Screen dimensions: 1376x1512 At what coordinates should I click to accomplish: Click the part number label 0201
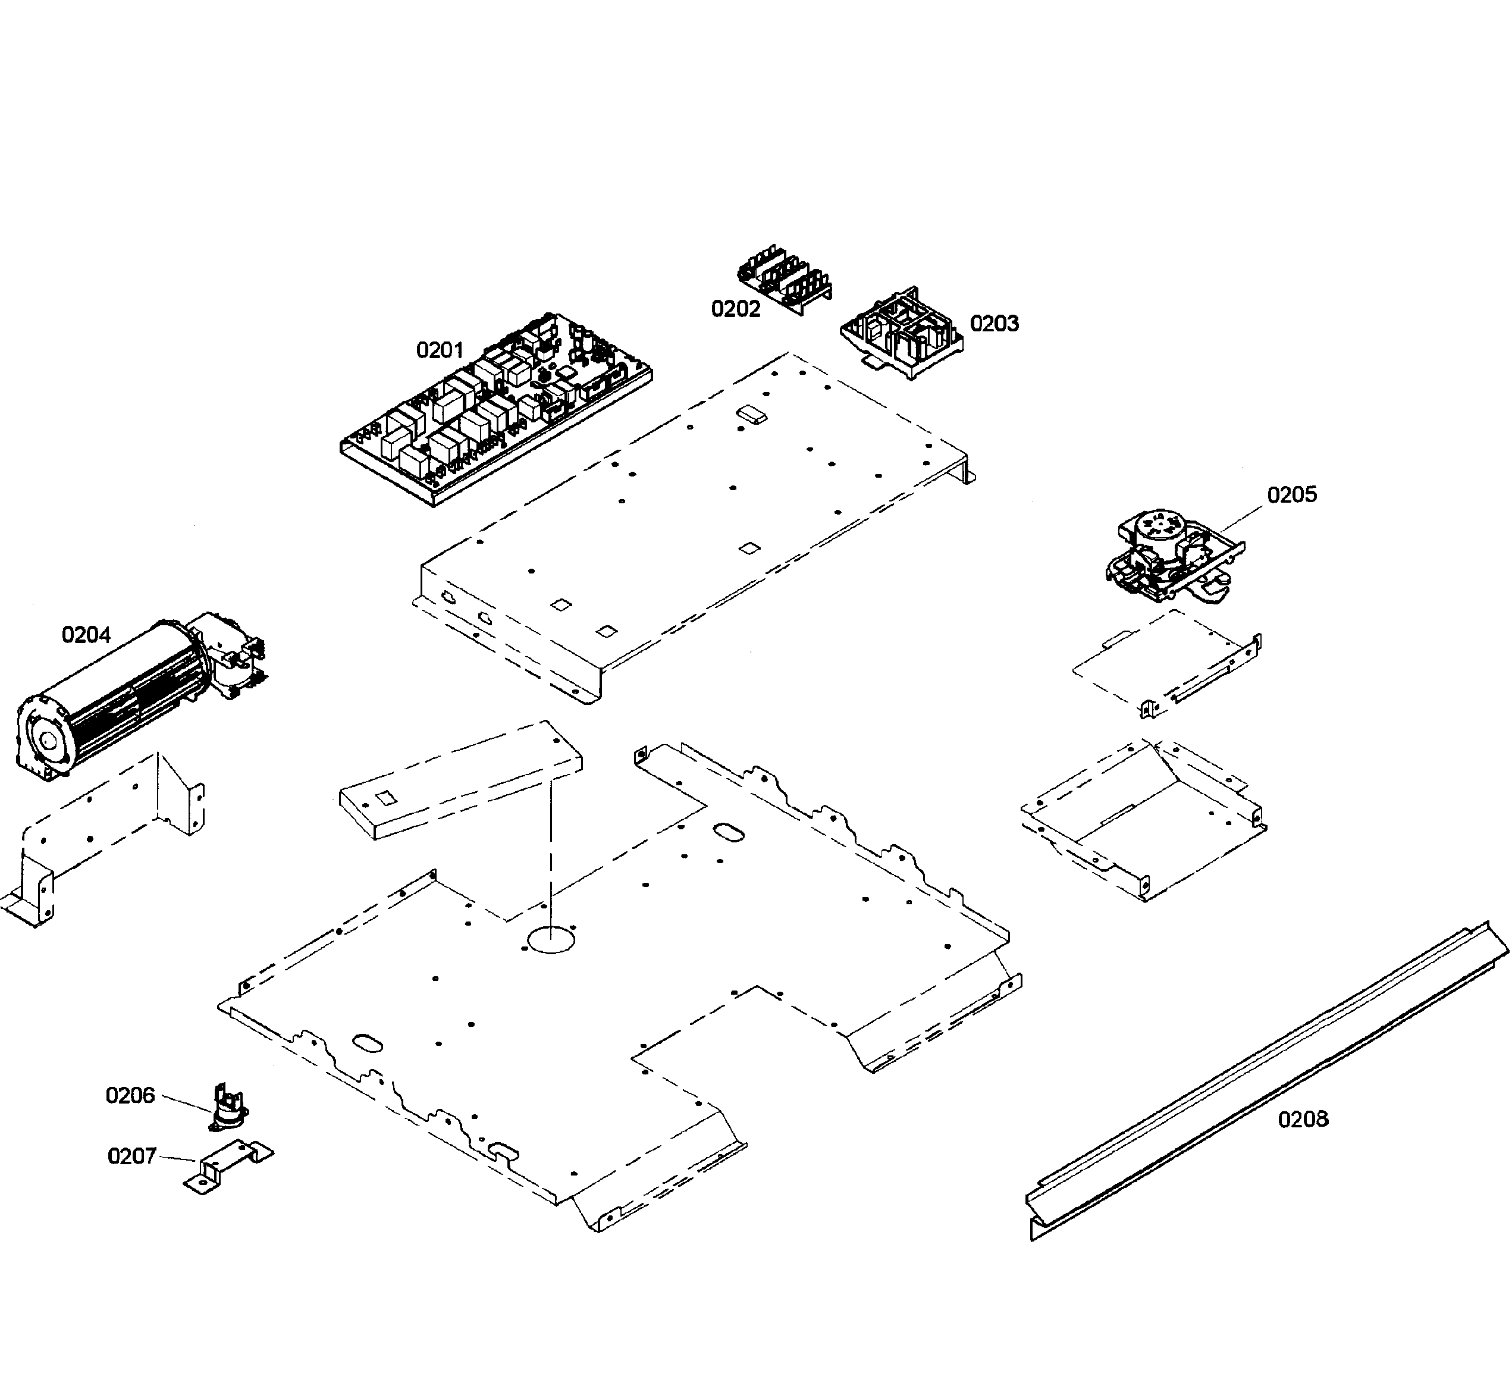[440, 350]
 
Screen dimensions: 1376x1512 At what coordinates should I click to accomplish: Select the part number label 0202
[735, 309]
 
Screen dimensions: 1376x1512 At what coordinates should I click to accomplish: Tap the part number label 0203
[994, 324]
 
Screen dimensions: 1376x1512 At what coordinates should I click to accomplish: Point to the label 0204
[86, 635]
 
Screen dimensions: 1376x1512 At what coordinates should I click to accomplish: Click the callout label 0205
[1291, 495]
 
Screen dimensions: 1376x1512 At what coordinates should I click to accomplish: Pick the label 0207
[131, 1156]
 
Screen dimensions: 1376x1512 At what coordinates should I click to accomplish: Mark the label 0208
[1303, 1120]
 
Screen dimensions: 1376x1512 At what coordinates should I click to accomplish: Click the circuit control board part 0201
[495, 409]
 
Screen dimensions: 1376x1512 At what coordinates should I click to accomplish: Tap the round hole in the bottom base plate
[551, 939]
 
